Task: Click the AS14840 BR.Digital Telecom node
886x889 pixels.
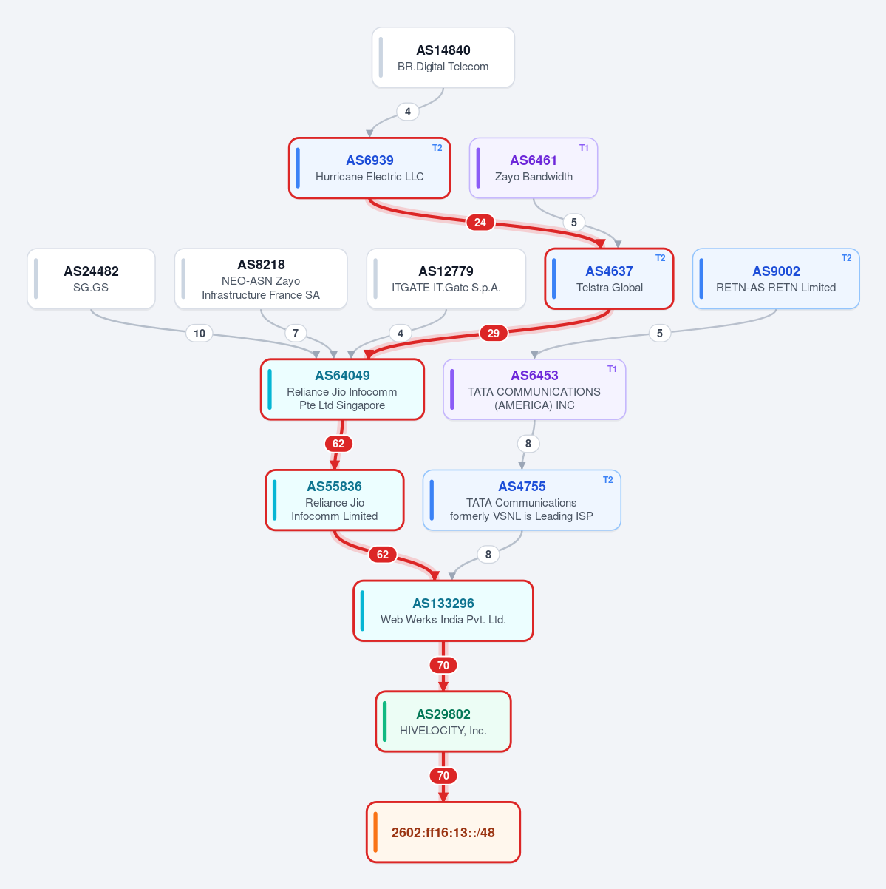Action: (x=443, y=57)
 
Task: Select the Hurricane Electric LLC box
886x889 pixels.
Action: (x=369, y=168)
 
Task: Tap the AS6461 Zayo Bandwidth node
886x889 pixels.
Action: (x=534, y=168)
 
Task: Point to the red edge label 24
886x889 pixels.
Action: (x=480, y=223)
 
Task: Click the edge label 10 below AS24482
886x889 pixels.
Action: (x=199, y=333)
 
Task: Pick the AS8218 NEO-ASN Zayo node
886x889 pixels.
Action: (x=260, y=279)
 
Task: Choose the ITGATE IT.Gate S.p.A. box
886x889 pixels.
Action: (x=446, y=279)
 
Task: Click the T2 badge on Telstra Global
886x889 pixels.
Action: (x=660, y=258)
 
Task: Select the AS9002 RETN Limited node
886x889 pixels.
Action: (x=776, y=279)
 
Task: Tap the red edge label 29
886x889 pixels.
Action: (x=493, y=333)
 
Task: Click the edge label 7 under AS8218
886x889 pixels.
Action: (x=296, y=333)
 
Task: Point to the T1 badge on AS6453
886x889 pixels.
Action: (x=612, y=368)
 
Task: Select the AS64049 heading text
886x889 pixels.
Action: (x=342, y=376)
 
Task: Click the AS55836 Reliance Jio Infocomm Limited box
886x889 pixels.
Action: (x=334, y=500)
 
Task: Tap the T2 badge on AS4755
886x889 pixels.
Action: (x=607, y=480)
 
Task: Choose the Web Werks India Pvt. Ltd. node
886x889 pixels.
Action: (x=443, y=611)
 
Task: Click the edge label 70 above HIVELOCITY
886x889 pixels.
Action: (x=443, y=665)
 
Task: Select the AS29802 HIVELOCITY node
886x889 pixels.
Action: (x=443, y=722)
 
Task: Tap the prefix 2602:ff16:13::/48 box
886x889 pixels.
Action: (x=443, y=832)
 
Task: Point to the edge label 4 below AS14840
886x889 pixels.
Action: (x=407, y=112)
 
